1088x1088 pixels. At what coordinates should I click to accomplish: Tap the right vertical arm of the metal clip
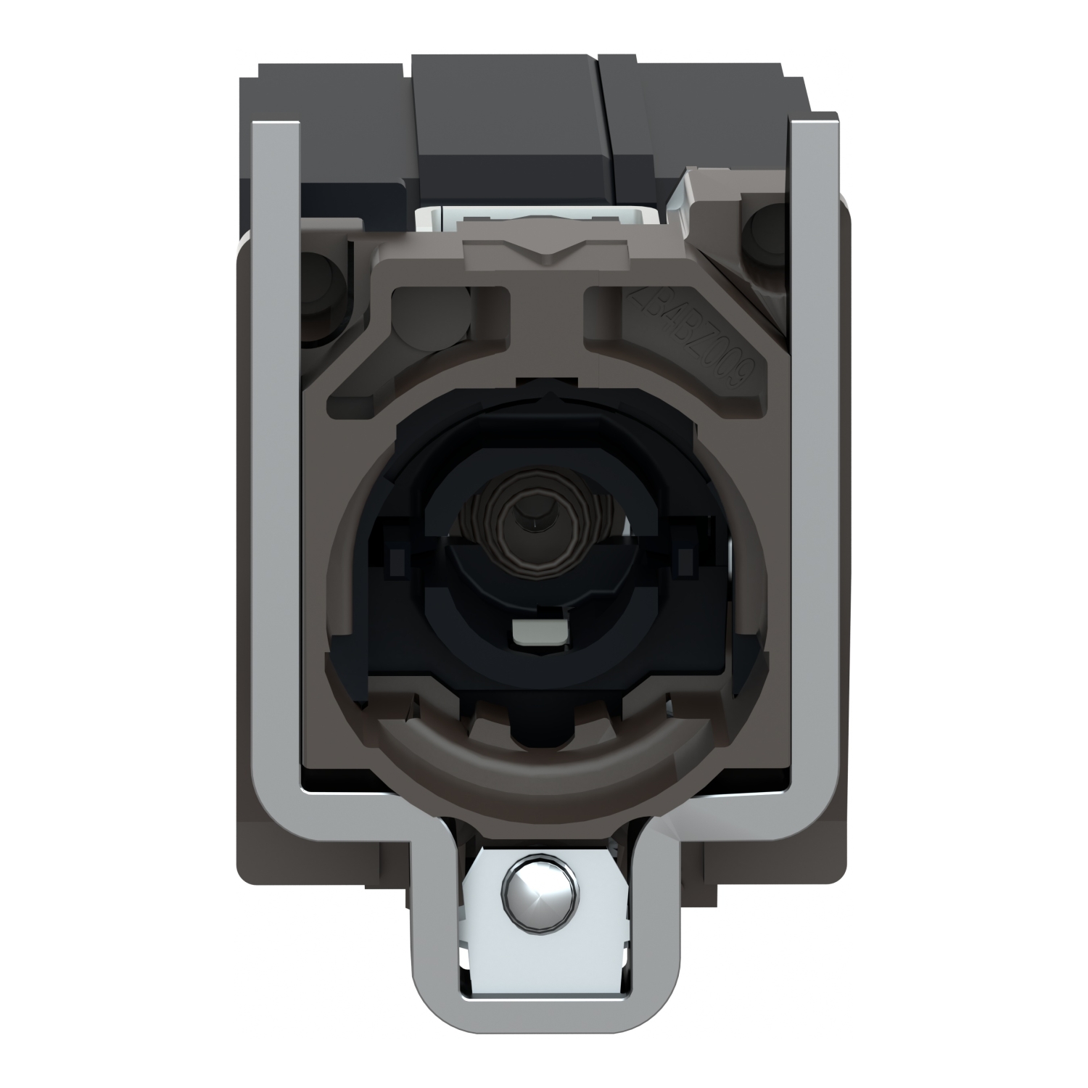[x=806, y=435]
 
